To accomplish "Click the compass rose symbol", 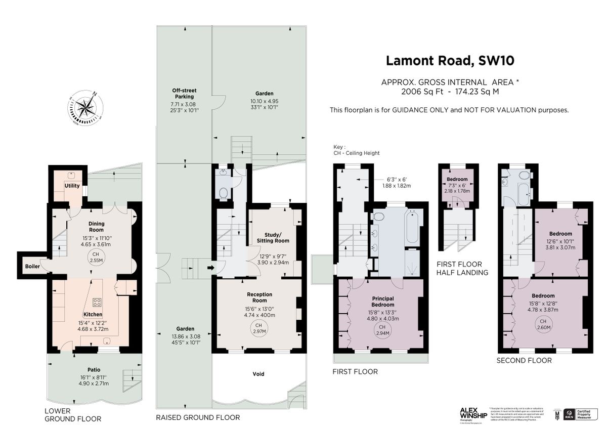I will (88, 108).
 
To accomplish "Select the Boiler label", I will (33, 266).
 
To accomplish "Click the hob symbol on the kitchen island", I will (97, 303).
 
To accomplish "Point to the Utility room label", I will (72, 186).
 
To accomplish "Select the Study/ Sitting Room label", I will (276, 238).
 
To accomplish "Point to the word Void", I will (258, 374).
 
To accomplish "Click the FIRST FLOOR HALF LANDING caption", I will (463, 268).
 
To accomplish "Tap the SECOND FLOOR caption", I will (524, 361).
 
